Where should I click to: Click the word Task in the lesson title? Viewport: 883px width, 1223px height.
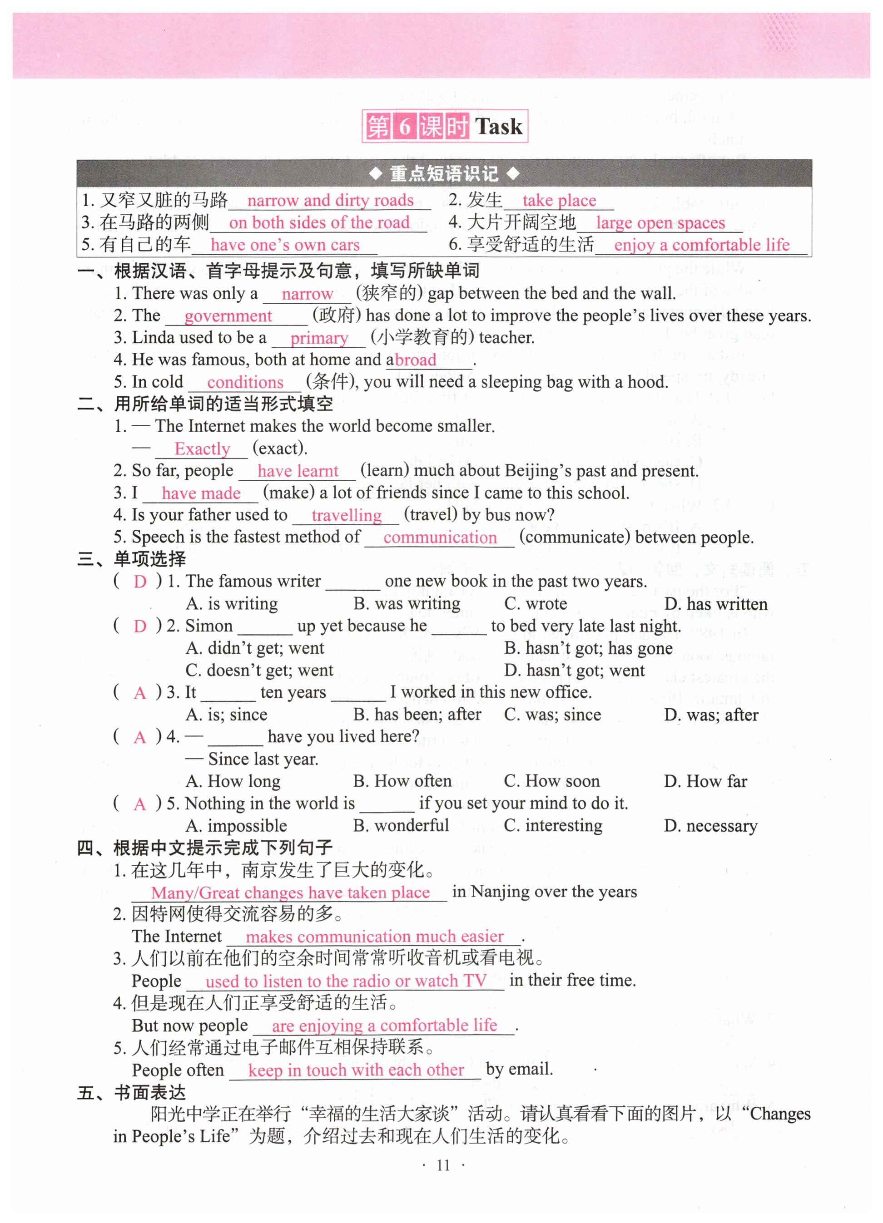point(498,127)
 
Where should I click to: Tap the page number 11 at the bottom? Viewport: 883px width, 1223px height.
point(443,1165)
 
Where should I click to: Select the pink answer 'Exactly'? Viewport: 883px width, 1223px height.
point(202,449)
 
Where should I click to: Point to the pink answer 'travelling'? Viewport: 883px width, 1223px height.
point(346,516)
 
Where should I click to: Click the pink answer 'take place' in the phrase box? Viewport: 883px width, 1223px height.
point(559,201)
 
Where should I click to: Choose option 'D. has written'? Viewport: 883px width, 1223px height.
point(715,604)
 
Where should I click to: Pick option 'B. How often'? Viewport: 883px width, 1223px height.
point(402,781)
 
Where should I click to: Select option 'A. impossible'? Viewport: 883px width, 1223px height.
point(236,826)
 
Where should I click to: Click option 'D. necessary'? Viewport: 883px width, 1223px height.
point(710,826)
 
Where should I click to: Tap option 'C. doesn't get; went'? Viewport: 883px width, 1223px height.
point(259,670)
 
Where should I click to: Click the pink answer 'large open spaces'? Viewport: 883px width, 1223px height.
point(660,223)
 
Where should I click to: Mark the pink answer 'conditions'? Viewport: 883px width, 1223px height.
point(245,382)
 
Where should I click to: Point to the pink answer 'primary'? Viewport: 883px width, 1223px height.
point(319,338)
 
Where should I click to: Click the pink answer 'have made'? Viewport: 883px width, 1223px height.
point(201,493)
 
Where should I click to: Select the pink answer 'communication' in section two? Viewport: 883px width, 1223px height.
point(440,538)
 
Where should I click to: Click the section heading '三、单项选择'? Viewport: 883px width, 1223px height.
point(132,559)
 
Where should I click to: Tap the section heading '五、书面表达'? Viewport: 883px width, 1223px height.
point(132,1093)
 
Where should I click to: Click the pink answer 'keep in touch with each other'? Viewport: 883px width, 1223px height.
point(356,1070)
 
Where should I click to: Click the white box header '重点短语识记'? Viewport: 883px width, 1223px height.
point(444,173)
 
